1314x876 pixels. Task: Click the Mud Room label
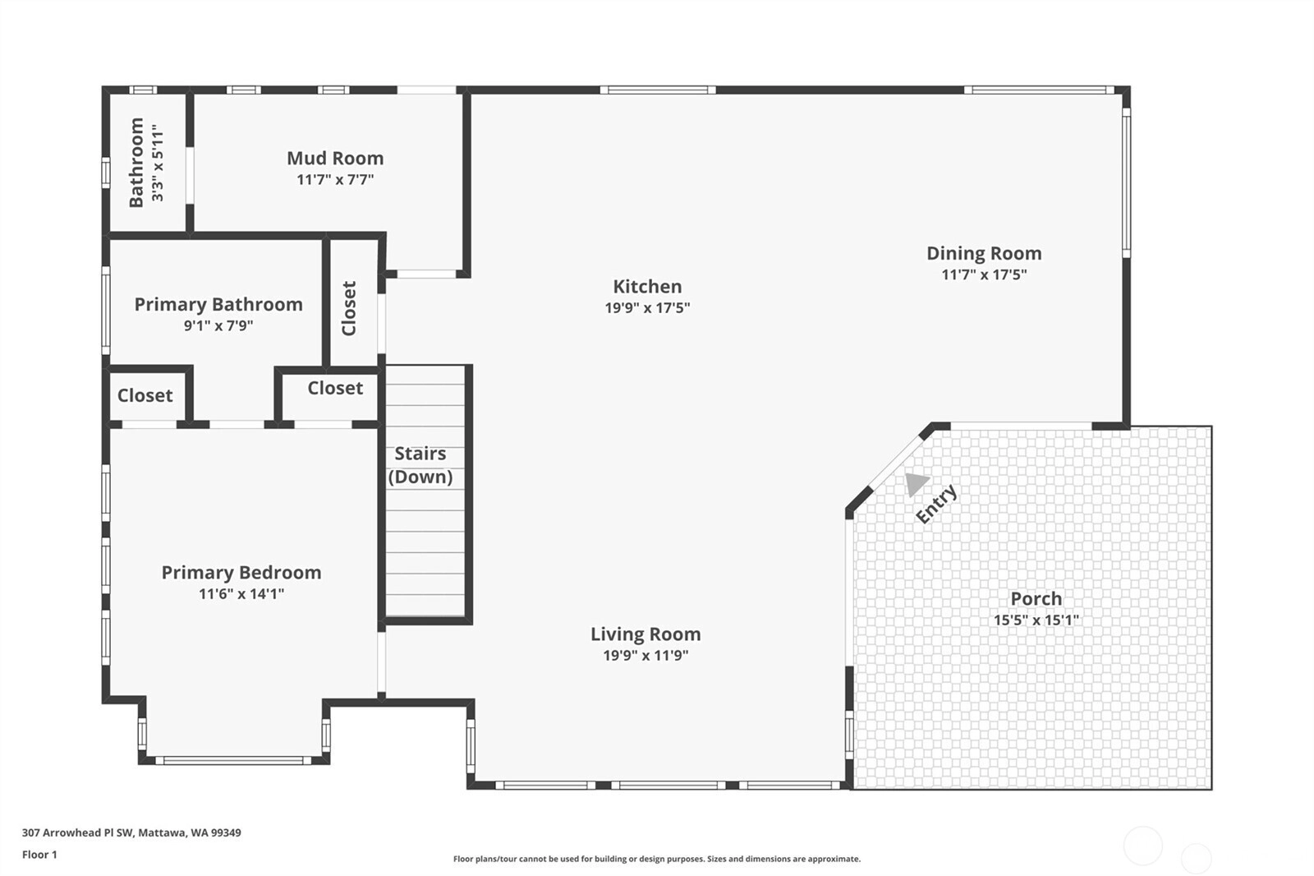pyautogui.click(x=335, y=158)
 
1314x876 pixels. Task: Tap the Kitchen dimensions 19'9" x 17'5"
pyautogui.click(x=647, y=307)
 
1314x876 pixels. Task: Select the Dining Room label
pyautogui.click(x=984, y=253)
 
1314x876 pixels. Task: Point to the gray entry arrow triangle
pyautogui.click(x=917, y=484)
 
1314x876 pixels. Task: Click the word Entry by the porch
pyautogui.click(x=936, y=503)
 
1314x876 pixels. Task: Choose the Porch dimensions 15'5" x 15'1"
pyautogui.click(x=1036, y=620)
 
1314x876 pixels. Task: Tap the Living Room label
pyautogui.click(x=646, y=634)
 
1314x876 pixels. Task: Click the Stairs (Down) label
pyautogui.click(x=420, y=465)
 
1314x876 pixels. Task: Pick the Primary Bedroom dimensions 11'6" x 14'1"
pyautogui.click(x=241, y=593)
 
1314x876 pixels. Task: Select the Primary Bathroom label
pyautogui.click(x=218, y=304)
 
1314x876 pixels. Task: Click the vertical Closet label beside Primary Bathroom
pyautogui.click(x=348, y=308)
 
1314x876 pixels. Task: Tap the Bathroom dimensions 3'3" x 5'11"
pyautogui.click(x=157, y=163)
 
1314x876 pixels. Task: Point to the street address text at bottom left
pyautogui.click(x=131, y=832)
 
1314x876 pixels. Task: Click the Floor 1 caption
pyautogui.click(x=39, y=855)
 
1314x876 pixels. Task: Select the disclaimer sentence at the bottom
pyautogui.click(x=657, y=859)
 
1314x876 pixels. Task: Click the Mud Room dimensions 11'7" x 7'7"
pyautogui.click(x=335, y=180)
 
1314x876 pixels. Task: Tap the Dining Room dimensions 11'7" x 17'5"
pyautogui.click(x=984, y=274)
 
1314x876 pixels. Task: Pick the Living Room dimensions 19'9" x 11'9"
pyautogui.click(x=646, y=655)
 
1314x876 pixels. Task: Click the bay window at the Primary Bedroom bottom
pyautogui.click(x=233, y=760)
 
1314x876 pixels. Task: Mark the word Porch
pyautogui.click(x=1036, y=599)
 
